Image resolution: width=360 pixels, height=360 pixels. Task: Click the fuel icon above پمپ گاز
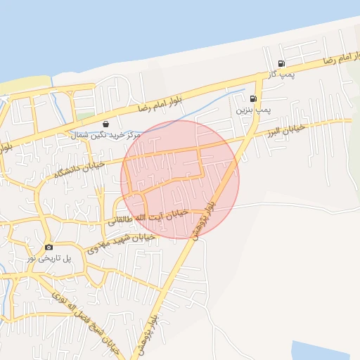[x=281, y=63]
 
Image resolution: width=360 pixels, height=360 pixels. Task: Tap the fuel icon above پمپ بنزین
[x=253, y=99]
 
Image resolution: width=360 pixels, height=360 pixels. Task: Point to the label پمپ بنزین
[x=252, y=110]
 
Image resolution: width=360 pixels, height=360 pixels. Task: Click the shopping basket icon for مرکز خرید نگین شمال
[x=105, y=123]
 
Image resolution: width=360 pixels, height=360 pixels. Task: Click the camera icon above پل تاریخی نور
[x=49, y=247]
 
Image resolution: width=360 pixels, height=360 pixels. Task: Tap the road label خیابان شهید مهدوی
[x=116, y=243]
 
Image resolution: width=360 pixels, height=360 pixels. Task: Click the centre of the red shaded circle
[x=180, y=179]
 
